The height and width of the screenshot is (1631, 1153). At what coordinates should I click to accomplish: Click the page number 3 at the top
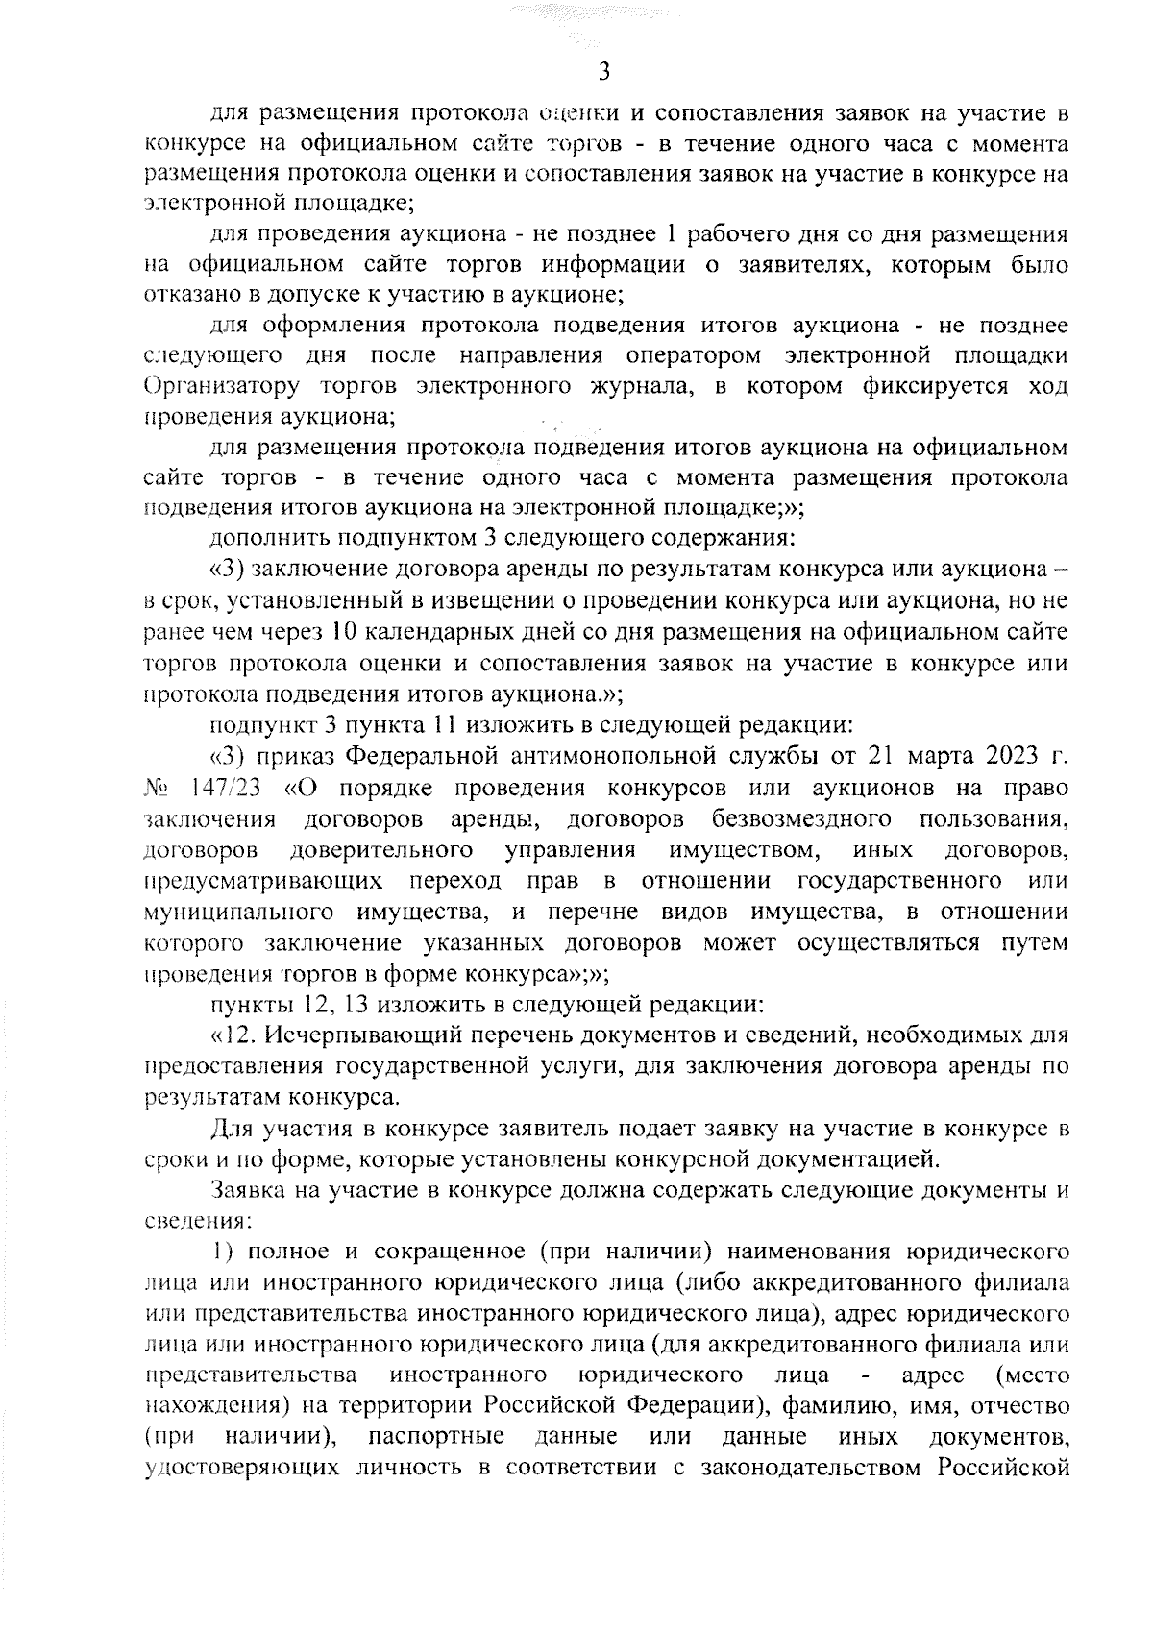[x=604, y=71]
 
